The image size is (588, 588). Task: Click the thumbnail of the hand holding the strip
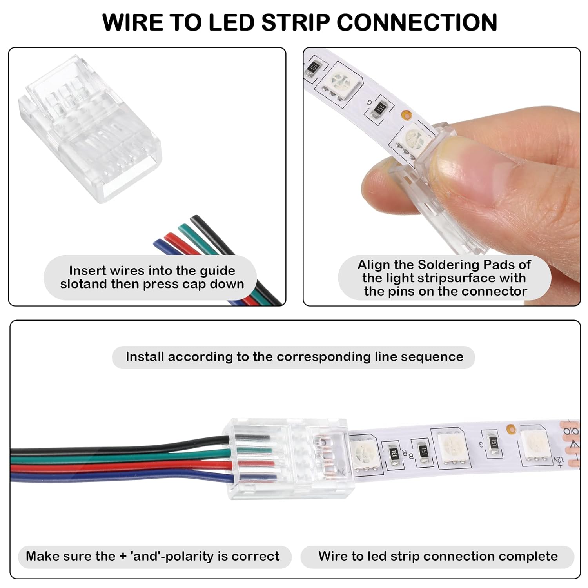(442, 176)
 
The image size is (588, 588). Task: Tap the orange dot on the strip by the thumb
(407, 115)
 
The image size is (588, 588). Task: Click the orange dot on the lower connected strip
(511, 429)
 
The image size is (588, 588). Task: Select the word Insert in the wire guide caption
(87, 270)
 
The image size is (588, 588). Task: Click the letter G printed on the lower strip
(481, 445)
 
